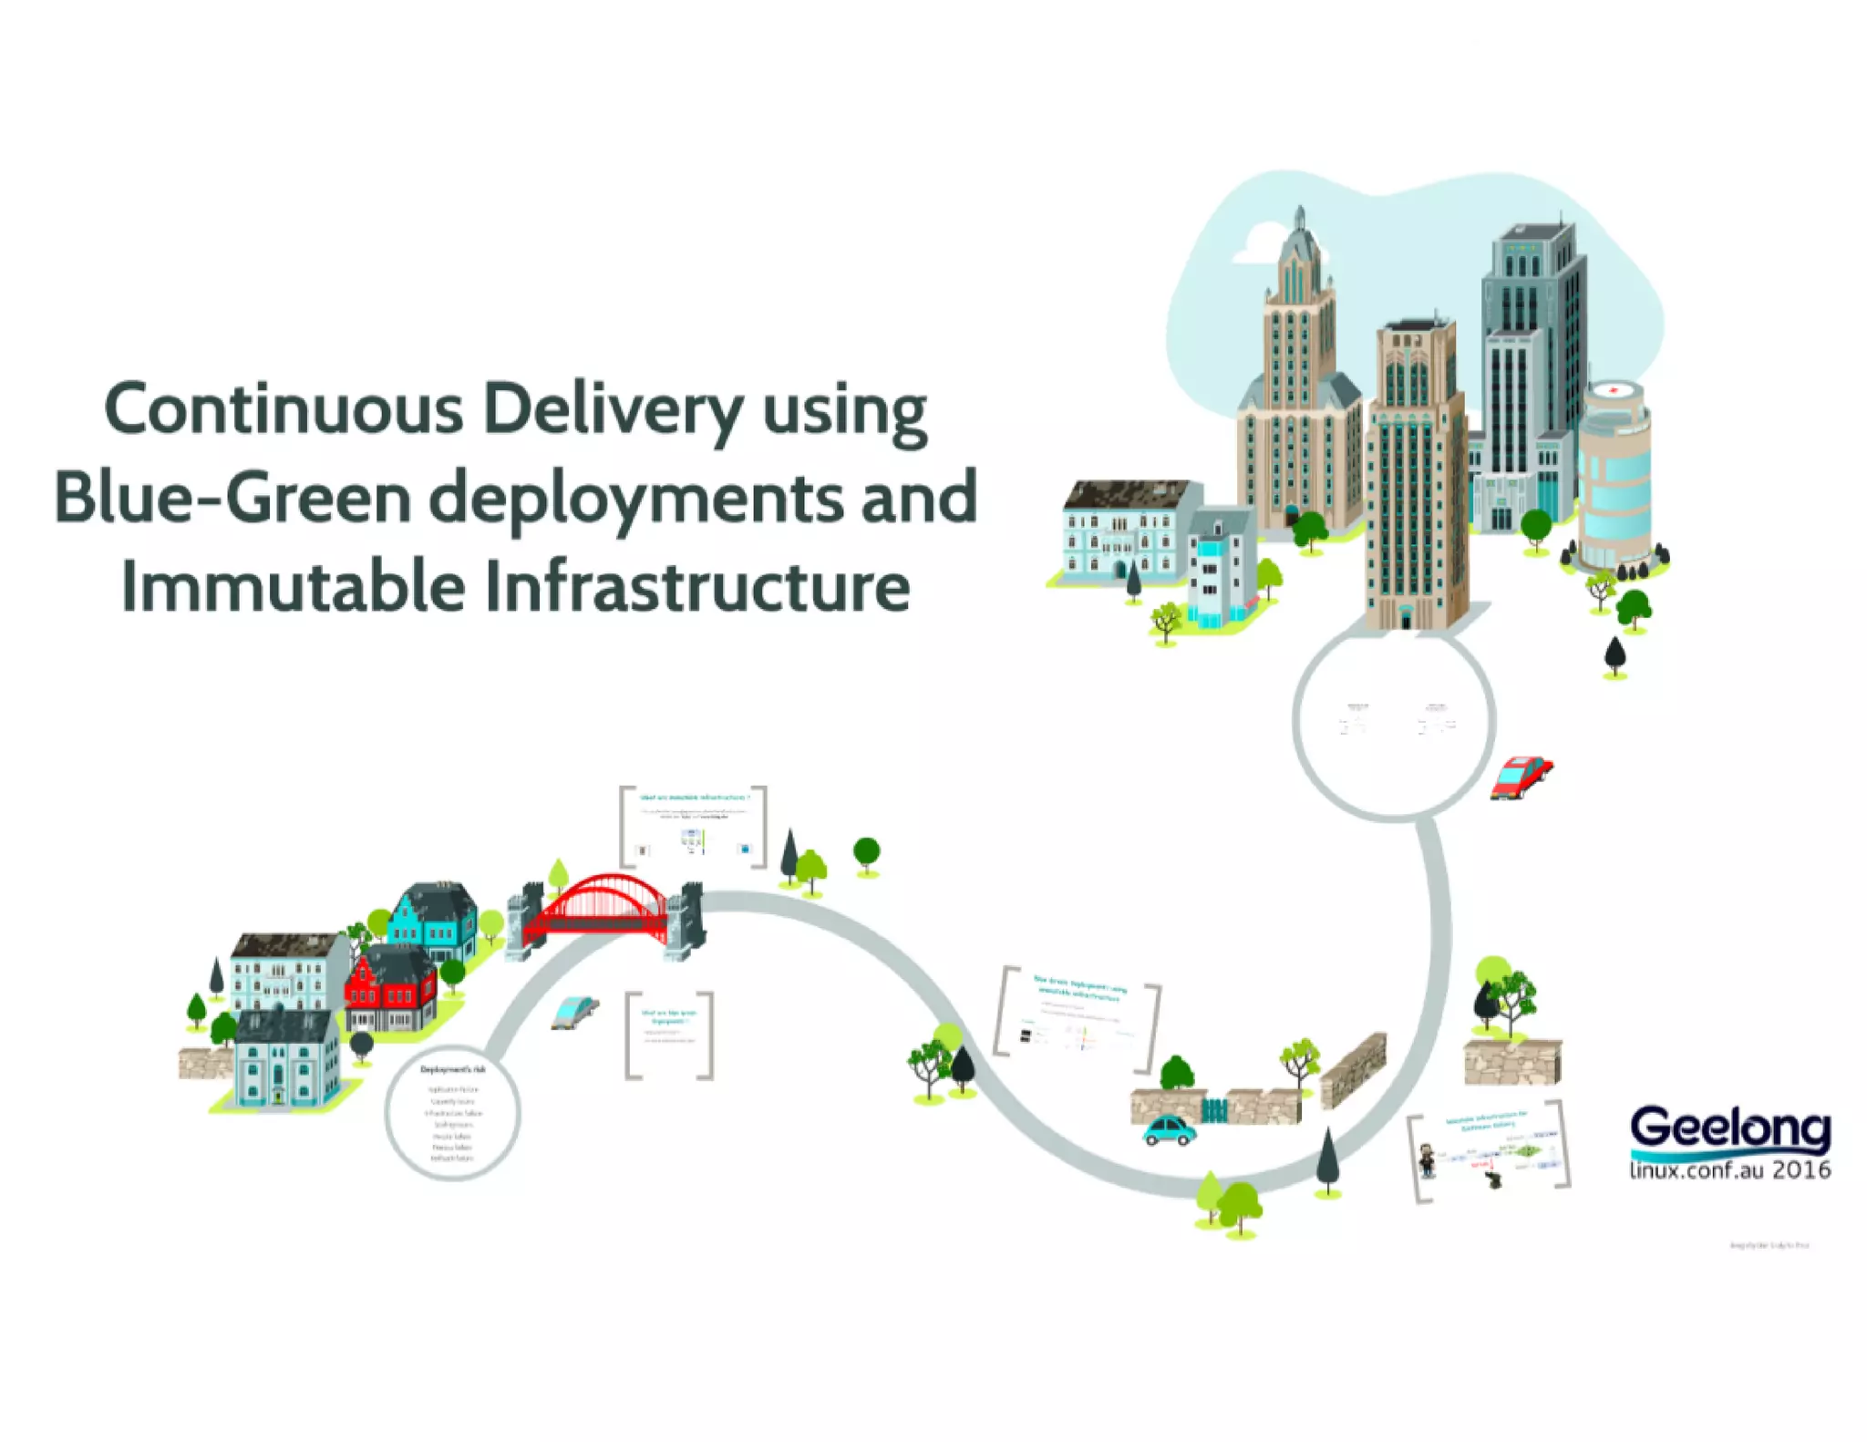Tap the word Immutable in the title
click(x=293, y=587)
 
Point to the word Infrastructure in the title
click(x=697, y=587)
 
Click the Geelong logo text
click(x=1729, y=1129)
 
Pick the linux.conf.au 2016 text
click(x=1729, y=1169)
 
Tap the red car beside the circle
click(x=1521, y=778)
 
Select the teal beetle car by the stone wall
click(x=1170, y=1130)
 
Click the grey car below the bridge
click(x=574, y=1011)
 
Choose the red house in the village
click(x=390, y=988)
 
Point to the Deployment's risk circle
click(x=452, y=1113)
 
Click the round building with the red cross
click(x=1614, y=474)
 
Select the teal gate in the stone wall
click(x=1214, y=1109)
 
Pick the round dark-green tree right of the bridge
click(x=866, y=852)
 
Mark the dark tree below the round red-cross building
click(x=1614, y=654)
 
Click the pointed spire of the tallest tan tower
click(x=1300, y=219)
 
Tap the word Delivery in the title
click(x=613, y=410)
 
